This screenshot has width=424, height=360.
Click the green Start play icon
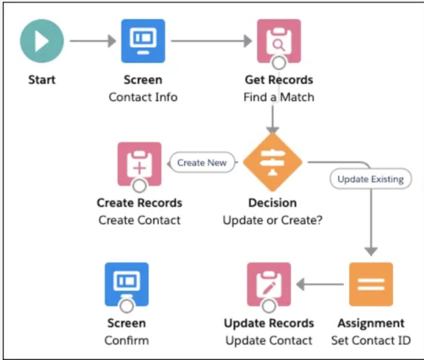tap(42, 40)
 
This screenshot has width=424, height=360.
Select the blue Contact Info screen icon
tap(143, 40)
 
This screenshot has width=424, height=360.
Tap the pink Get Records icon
tap(278, 40)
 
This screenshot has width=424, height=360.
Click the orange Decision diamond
tap(273, 162)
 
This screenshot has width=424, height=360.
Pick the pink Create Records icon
tap(139, 164)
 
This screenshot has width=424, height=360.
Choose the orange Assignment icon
tap(371, 284)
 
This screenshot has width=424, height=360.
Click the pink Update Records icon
tap(269, 284)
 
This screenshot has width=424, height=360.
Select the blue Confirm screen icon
tap(126, 284)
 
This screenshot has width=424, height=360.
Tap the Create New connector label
tap(201, 162)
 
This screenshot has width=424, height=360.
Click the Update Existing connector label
tap(371, 179)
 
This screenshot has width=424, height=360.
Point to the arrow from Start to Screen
tap(92, 40)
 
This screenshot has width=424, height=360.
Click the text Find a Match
tap(278, 97)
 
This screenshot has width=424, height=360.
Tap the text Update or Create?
tap(273, 220)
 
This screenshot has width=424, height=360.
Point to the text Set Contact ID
tap(371, 340)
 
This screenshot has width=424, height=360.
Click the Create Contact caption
tap(139, 220)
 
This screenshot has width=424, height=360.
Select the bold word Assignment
tap(371, 323)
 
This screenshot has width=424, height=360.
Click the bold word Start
tap(42, 80)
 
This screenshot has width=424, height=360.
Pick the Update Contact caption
tap(269, 340)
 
